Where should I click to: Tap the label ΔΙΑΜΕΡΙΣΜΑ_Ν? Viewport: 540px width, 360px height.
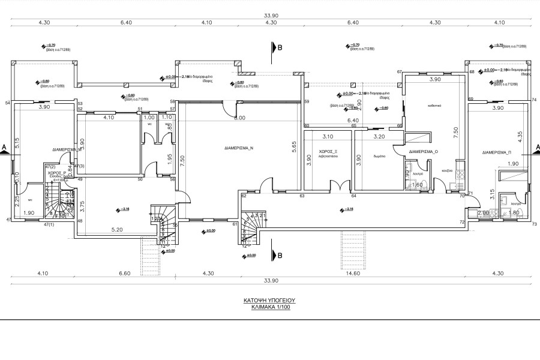point(239,147)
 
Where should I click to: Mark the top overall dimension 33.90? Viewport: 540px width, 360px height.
point(270,16)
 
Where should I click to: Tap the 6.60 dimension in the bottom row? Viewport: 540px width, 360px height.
point(125,274)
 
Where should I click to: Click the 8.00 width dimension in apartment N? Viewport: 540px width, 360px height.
point(239,118)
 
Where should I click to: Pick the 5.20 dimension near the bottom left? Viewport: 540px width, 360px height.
point(116,229)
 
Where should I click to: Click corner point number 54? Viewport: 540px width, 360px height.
point(8,103)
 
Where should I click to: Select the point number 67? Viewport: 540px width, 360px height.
point(399,72)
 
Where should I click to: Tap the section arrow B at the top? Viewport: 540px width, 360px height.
point(278,48)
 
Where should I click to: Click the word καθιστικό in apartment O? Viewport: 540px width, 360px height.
point(434,104)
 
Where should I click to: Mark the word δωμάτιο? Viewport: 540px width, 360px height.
point(379,155)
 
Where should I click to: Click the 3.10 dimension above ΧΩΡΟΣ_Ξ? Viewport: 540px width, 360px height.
point(328,136)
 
